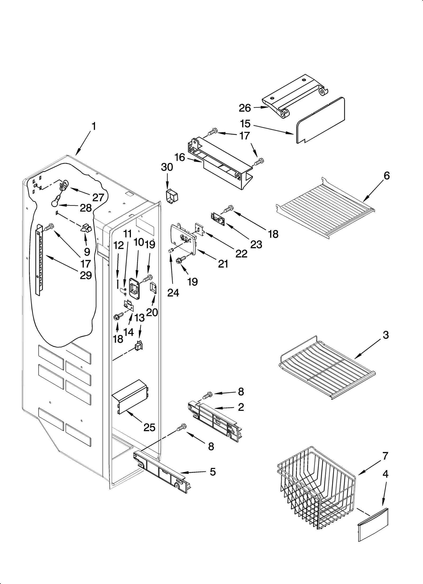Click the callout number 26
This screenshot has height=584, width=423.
pos(245,108)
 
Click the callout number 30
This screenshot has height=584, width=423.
pos(167,167)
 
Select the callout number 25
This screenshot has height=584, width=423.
pos(149,427)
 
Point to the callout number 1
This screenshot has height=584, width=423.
pos(94,127)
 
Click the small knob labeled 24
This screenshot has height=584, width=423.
pos(171,250)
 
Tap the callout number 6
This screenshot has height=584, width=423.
pos(387,176)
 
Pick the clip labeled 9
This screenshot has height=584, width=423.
pos(86,228)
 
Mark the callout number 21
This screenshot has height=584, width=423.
pos(223,264)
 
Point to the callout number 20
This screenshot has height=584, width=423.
pos(152,312)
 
